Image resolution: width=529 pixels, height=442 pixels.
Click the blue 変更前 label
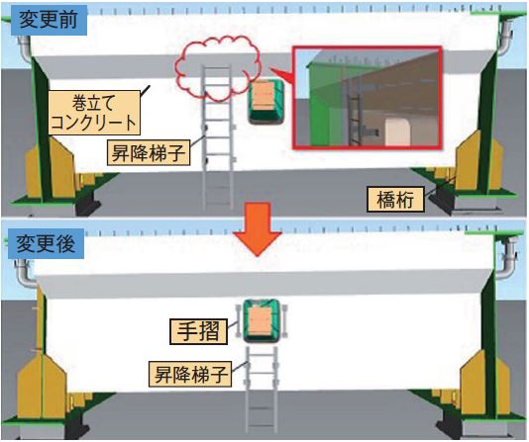pos(49,20)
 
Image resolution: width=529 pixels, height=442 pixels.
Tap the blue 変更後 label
pos(47,243)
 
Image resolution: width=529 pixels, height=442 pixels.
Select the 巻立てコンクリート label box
pos(94,113)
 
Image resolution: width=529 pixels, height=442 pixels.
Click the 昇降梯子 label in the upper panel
pos(149,153)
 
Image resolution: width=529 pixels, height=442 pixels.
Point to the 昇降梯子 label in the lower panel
pos(190,374)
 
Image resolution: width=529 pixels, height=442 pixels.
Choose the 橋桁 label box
pos(395,200)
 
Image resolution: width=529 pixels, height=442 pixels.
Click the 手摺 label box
pos(198,331)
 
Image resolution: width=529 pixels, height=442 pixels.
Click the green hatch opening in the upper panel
pos(265,100)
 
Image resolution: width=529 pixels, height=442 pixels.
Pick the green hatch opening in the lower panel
pos(261,320)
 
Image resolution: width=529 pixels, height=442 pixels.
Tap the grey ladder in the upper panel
pos(218,138)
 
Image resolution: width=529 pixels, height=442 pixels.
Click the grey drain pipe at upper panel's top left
pos(25,48)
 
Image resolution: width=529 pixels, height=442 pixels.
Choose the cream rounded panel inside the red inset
pos(398,132)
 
